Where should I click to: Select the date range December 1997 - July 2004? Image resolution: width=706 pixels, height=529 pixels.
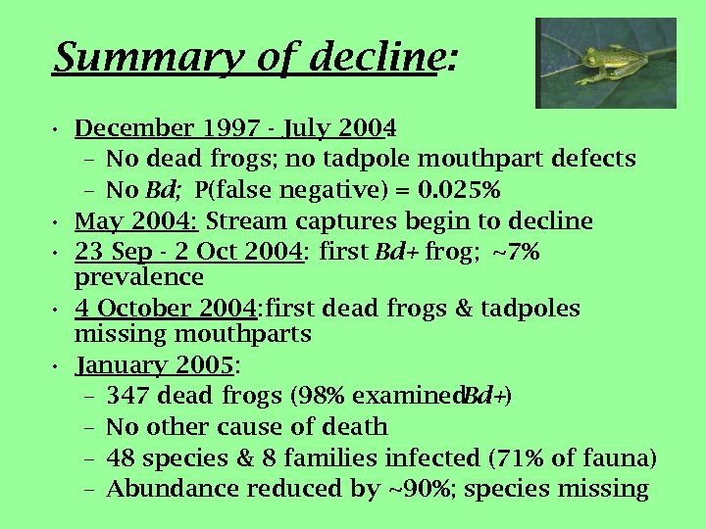[x=235, y=128]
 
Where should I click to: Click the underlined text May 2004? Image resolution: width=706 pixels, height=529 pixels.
[x=136, y=221]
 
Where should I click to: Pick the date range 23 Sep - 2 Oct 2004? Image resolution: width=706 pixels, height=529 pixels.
[x=189, y=253]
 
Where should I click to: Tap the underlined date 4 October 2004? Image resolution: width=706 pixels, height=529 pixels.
[x=165, y=310]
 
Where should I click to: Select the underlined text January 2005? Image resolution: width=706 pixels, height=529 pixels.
[x=155, y=366]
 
